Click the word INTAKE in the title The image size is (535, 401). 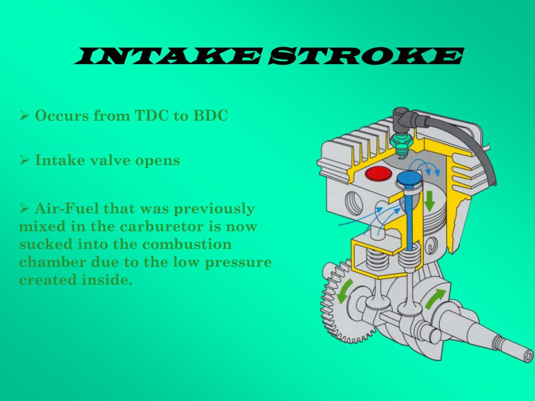click(x=168, y=56)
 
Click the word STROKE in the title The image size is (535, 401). click(x=365, y=56)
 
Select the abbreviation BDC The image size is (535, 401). click(x=211, y=116)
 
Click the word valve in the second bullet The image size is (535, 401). click(x=106, y=160)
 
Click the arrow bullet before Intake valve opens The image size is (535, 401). click(x=24, y=160)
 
